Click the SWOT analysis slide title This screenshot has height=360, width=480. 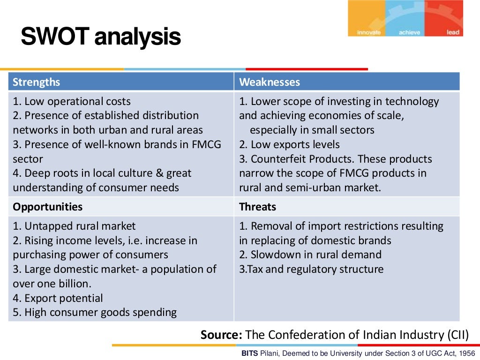tap(101, 37)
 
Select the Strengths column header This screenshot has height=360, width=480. tap(37, 82)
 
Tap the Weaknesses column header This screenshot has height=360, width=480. tap(270, 82)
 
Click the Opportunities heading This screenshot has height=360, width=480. tap(47, 207)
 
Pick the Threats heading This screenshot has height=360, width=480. tap(257, 207)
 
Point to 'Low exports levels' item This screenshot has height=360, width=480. tap(289, 144)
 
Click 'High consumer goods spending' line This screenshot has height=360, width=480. tap(95, 312)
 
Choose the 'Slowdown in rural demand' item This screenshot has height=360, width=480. tap(310, 255)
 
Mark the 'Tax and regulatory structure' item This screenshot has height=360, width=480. tap(311, 269)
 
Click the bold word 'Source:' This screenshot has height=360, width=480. tap(221, 335)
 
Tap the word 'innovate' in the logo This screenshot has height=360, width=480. tap(369, 32)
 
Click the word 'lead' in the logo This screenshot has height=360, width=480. tap(453, 32)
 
